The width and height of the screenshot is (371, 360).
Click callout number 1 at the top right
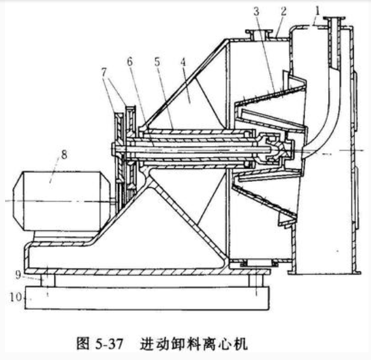[317, 11]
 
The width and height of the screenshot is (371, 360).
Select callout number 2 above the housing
[283, 11]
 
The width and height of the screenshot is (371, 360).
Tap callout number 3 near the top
[256, 11]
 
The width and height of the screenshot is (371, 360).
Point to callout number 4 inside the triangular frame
[183, 63]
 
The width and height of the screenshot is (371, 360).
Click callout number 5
[157, 62]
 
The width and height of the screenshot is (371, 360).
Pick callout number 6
[130, 62]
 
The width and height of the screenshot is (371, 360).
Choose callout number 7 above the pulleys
[104, 72]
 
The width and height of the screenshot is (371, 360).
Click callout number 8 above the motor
[64, 154]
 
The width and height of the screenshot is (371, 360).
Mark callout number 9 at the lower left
[18, 275]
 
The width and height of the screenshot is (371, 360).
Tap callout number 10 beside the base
[16, 297]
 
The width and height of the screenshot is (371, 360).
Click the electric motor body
[62, 201]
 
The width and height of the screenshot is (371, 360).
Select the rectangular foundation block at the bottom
[147, 297]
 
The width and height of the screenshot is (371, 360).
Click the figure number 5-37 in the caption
[110, 343]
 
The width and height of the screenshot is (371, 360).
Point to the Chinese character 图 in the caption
[83, 343]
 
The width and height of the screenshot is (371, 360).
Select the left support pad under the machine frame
[48, 281]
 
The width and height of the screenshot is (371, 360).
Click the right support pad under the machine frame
[256, 281]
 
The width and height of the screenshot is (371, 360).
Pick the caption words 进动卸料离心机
[194, 343]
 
